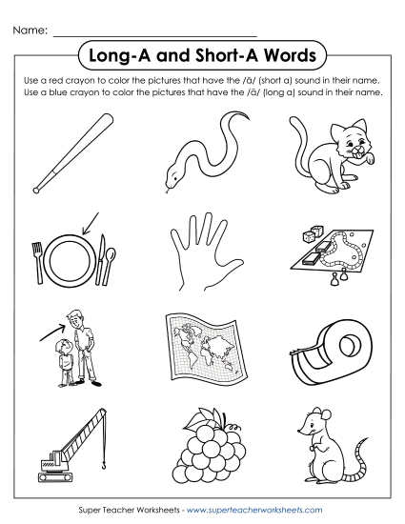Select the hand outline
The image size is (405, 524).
coord(201,253)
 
